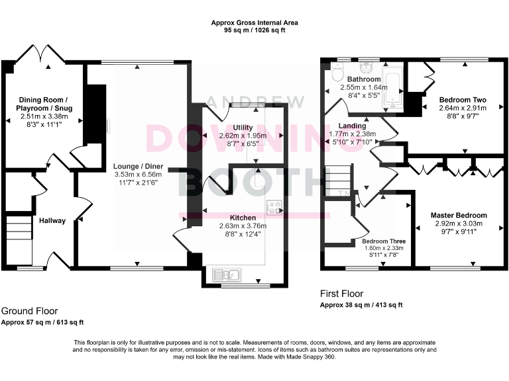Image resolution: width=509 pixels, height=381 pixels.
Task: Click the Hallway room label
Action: [x=52, y=220]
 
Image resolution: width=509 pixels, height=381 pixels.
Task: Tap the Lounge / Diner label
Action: [x=138, y=166]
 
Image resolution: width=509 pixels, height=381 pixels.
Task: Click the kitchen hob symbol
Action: [x=273, y=206]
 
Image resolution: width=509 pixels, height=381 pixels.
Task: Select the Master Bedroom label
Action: [x=459, y=215]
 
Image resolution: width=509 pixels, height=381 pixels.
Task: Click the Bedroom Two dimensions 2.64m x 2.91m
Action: [x=463, y=108]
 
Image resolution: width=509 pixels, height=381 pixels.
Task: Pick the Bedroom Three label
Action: [x=384, y=241]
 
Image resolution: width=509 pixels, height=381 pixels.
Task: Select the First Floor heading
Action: [x=341, y=294]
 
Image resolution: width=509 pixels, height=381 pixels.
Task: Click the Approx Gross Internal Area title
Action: [x=254, y=22]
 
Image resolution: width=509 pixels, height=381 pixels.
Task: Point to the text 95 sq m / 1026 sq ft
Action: [x=254, y=30]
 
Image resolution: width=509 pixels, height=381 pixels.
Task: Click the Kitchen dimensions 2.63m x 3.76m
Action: [x=243, y=226]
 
